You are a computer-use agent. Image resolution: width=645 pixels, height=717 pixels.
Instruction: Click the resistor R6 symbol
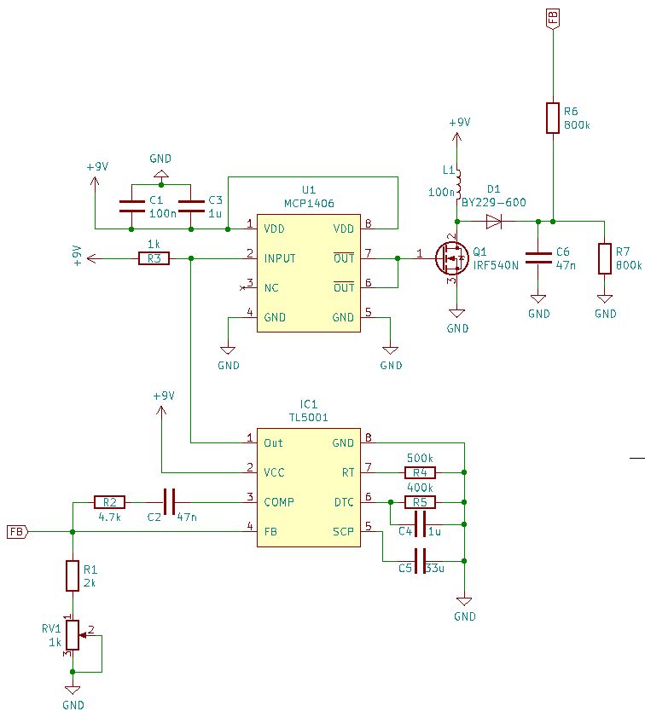point(553,118)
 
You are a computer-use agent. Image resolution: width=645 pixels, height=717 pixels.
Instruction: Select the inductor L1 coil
point(457,182)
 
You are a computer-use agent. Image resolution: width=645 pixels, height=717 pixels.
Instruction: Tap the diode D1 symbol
point(494,222)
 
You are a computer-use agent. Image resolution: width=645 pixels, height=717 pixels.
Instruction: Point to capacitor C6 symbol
point(538,258)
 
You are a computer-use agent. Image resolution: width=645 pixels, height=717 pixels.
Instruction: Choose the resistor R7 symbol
point(605,258)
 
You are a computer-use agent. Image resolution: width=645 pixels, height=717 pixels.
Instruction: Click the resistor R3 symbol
point(154,258)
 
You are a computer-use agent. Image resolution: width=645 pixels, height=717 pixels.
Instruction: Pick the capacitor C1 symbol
point(131,205)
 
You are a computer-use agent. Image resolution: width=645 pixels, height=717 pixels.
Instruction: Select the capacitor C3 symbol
point(190,205)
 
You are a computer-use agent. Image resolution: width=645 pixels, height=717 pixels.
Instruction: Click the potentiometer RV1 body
point(73,634)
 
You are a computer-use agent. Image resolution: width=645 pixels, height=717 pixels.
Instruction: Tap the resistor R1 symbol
point(73,575)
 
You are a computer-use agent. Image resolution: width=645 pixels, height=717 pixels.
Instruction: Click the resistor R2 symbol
point(109,502)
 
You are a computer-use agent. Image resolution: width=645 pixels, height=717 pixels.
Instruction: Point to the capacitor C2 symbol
point(169,502)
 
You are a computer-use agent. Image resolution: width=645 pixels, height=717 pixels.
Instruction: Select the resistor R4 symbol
point(420,472)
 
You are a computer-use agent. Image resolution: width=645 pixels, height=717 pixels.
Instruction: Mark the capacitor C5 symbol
point(419,561)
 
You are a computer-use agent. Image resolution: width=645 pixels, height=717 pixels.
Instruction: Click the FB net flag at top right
point(553,18)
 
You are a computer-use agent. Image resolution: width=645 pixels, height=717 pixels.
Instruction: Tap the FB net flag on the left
point(17,532)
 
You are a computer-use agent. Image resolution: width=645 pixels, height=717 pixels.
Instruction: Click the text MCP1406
point(309,205)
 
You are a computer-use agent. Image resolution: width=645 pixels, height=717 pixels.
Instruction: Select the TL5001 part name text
point(309,418)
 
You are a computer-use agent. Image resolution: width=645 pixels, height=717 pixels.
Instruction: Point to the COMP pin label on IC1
point(280,502)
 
